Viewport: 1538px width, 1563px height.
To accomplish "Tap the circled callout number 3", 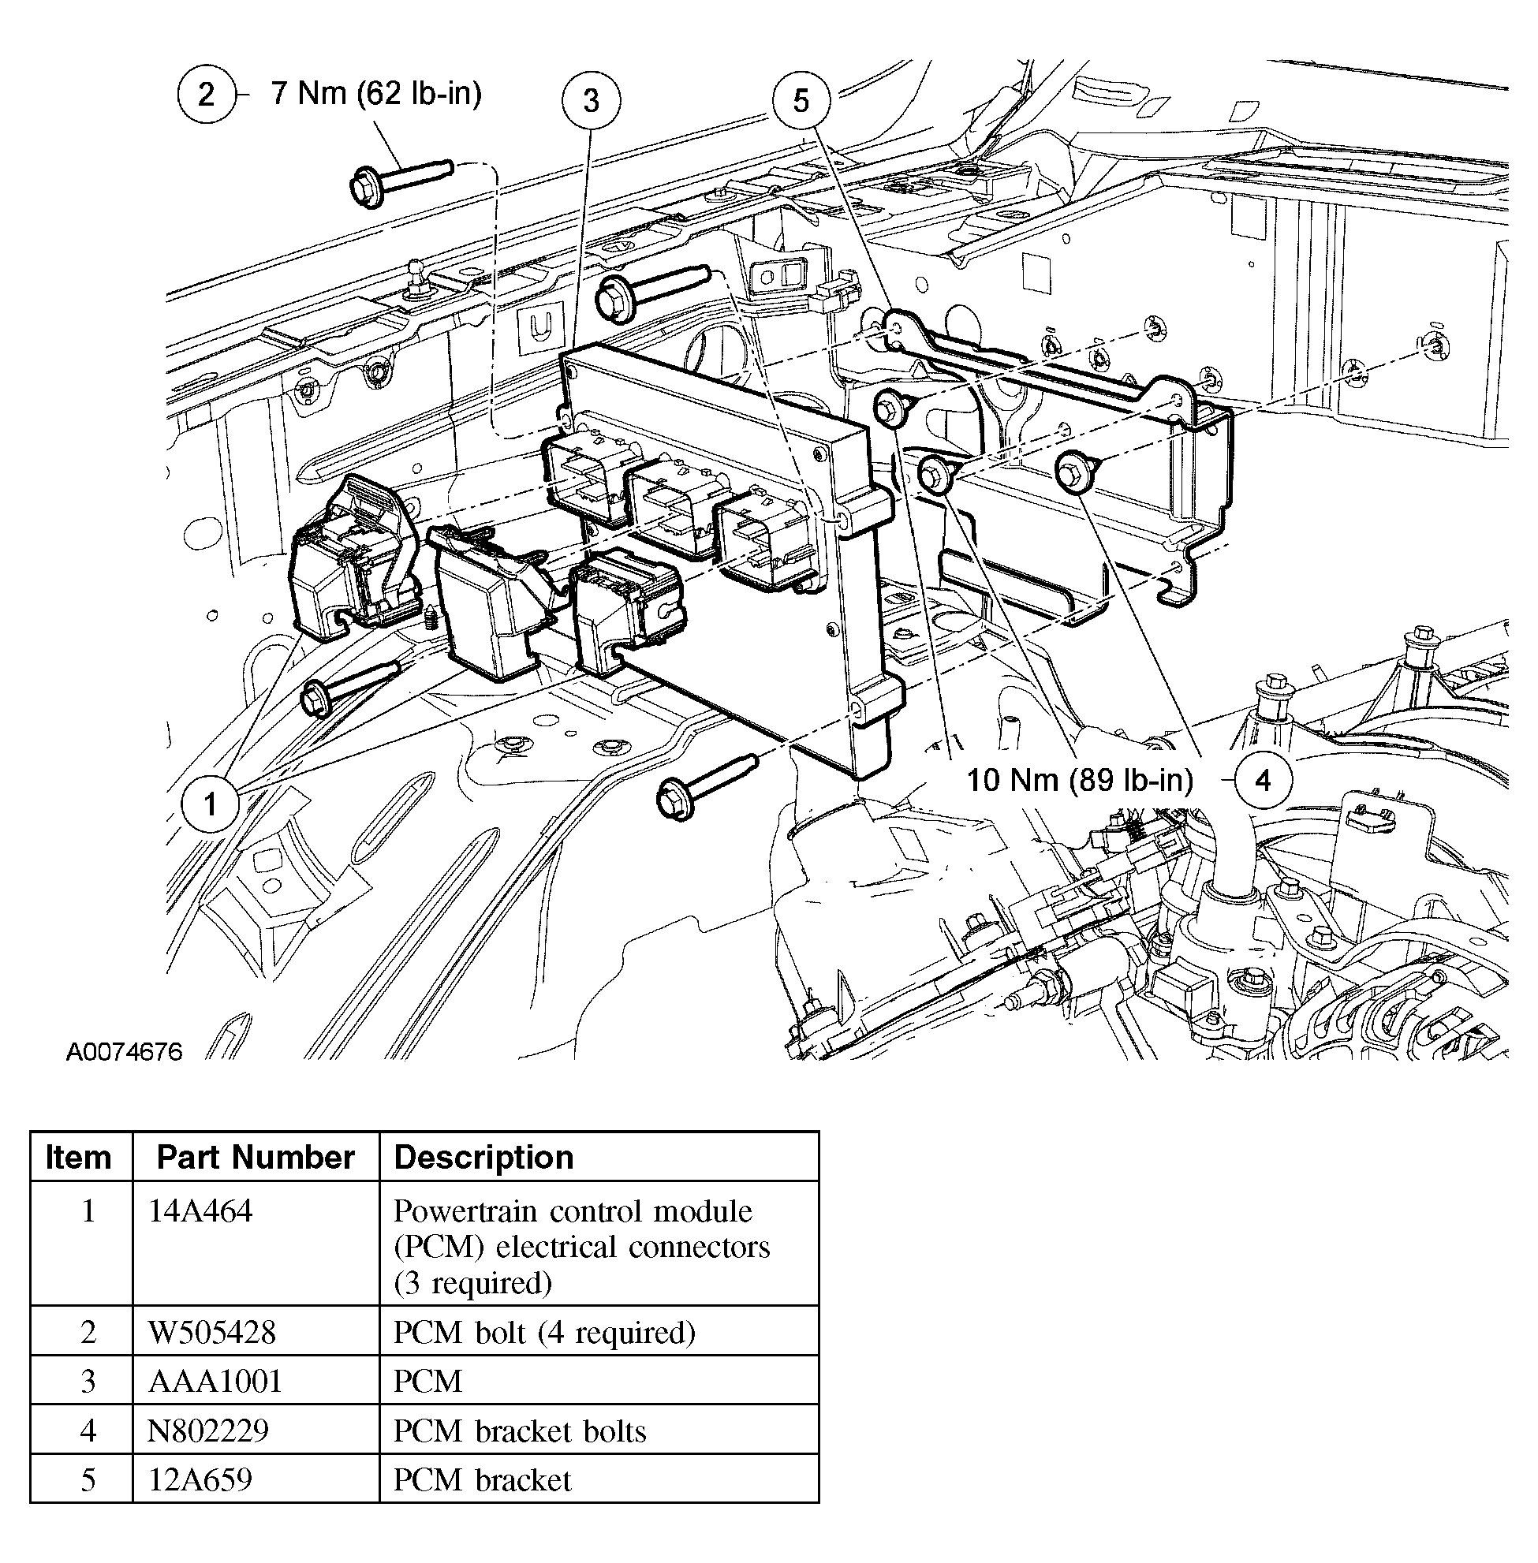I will click(x=592, y=101).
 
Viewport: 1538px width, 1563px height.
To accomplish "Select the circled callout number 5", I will click(x=801, y=101).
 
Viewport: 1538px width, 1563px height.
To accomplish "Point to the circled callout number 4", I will click(x=1263, y=780).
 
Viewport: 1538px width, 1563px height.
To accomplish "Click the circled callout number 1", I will click(x=210, y=804).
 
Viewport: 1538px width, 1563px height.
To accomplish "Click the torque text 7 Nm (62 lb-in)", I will click(x=376, y=94).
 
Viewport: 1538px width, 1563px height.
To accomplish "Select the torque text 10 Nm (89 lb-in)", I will click(x=1080, y=780).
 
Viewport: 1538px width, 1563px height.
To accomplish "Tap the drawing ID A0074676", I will click(x=125, y=1052).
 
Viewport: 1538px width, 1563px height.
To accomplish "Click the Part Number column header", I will click(x=256, y=1157).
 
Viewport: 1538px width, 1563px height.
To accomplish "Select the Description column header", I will click(x=483, y=1157).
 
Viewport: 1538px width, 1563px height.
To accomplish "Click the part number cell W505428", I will click(x=211, y=1332).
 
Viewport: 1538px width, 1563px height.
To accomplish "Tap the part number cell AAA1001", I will click(x=215, y=1382).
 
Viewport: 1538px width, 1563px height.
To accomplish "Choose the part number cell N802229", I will click(x=207, y=1431).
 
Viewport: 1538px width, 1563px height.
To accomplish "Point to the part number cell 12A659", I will click(x=200, y=1479).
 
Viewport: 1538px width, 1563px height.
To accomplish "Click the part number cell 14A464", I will click(x=200, y=1210).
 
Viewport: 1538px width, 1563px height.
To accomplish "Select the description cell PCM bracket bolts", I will click(x=520, y=1431).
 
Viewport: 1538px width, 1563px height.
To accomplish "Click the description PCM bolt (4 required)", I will click(x=543, y=1332).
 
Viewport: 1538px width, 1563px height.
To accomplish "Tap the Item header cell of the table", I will click(x=78, y=1157).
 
